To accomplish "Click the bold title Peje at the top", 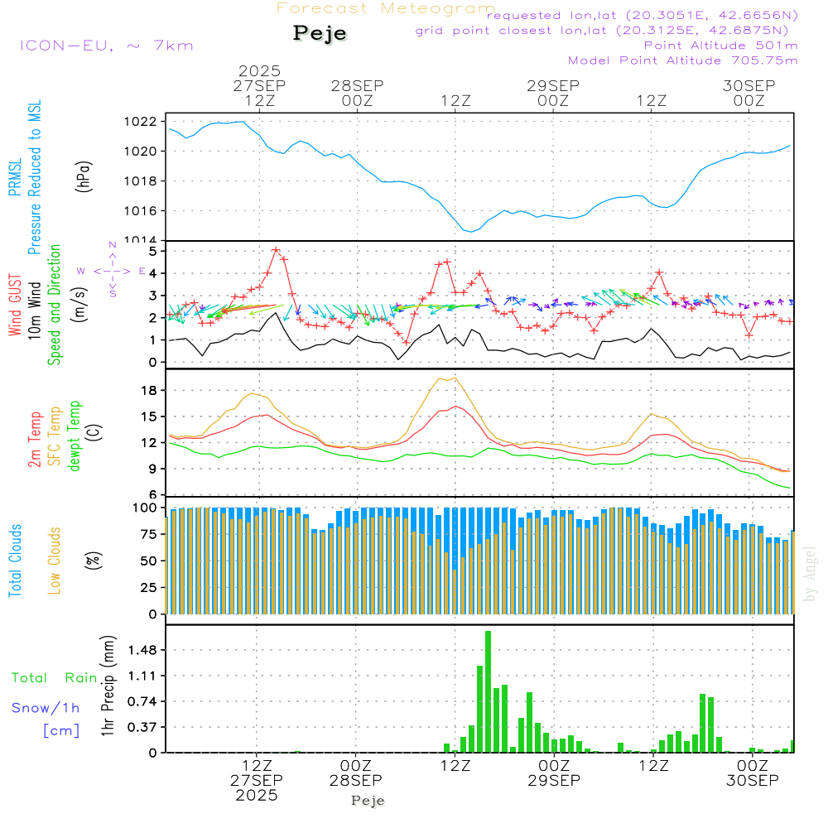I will tap(320, 34).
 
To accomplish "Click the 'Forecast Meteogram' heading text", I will tap(386, 8).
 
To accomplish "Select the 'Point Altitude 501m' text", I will tap(720, 46).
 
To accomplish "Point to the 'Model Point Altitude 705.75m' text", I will tap(683, 60).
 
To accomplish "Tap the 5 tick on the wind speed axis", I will tap(153, 251).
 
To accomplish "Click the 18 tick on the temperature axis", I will tap(150, 391).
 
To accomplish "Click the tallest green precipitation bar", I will tap(489, 691).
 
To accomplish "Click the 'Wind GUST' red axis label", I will tap(15, 306).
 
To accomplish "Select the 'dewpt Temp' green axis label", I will tap(75, 436).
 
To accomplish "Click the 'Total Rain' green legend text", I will tap(55, 678).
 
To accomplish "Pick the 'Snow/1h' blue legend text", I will tap(46, 708).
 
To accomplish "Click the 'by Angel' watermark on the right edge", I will tap(811, 575).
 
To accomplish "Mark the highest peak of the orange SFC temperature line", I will tap(455, 378).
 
